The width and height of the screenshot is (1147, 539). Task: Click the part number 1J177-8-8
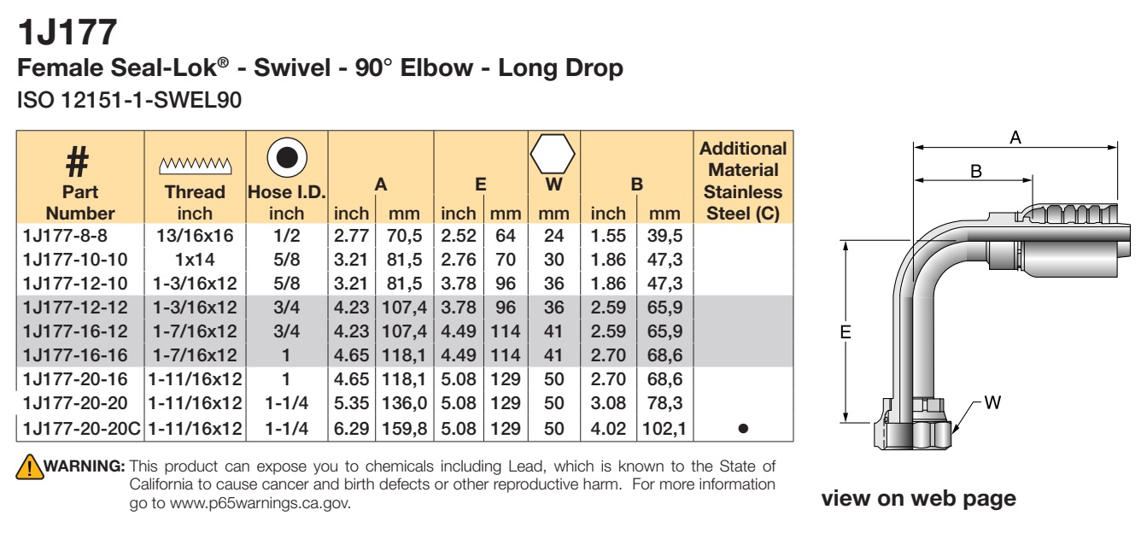(65, 236)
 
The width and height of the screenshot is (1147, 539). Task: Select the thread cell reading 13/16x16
(195, 236)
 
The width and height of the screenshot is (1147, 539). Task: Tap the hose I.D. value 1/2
(286, 236)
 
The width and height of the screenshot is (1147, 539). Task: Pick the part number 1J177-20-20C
(81, 428)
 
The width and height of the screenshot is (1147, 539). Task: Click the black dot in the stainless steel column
(744, 428)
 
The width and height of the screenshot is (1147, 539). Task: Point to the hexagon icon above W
(553, 154)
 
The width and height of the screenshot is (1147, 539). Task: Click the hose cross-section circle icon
(287, 157)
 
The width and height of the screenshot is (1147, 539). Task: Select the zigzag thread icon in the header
(195, 166)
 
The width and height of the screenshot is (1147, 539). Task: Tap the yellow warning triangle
(30, 466)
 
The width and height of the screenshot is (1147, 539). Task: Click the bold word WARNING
(85, 466)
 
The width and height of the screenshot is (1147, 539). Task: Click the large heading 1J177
(67, 32)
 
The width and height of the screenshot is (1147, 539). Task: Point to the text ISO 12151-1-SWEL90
(129, 100)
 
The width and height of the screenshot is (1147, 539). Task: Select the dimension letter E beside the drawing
(846, 332)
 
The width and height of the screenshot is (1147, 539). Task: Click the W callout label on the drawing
(992, 402)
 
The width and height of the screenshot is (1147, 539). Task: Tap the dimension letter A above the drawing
(1015, 138)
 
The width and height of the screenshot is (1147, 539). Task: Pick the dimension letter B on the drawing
(976, 171)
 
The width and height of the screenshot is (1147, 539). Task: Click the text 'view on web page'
(919, 498)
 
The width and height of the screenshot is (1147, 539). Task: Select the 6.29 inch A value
(351, 428)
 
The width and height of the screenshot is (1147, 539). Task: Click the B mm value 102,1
(664, 428)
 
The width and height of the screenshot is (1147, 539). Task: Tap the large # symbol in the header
(78, 161)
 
